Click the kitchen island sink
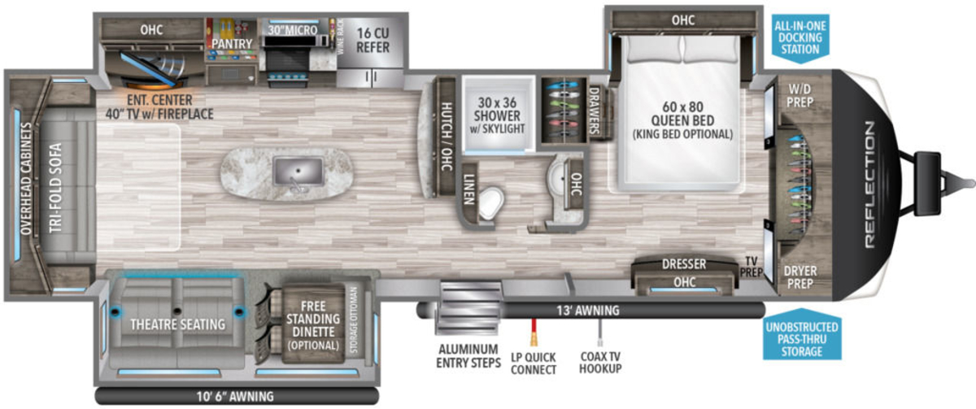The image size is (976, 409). tap(298, 172)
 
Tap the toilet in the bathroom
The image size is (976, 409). tap(491, 202)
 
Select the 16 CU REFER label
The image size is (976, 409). tap(373, 40)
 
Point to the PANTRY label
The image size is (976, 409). tap(232, 44)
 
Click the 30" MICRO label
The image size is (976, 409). tap(292, 29)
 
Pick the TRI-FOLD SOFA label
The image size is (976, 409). tap(55, 188)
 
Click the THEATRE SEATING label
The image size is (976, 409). tap(178, 324)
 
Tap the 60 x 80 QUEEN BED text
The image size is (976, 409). tap(682, 113)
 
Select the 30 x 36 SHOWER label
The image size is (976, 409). tap(497, 109)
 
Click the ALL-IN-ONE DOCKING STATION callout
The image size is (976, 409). tap(800, 38)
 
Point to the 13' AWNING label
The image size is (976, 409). tap(588, 311)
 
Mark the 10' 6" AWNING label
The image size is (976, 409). tap(235, 396)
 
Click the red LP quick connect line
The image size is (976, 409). tap(534, 332)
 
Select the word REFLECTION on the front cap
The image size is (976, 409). tap(869, 185)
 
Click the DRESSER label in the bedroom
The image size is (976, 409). tap(684, 264)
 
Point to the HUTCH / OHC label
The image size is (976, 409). tap(447, 137)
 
